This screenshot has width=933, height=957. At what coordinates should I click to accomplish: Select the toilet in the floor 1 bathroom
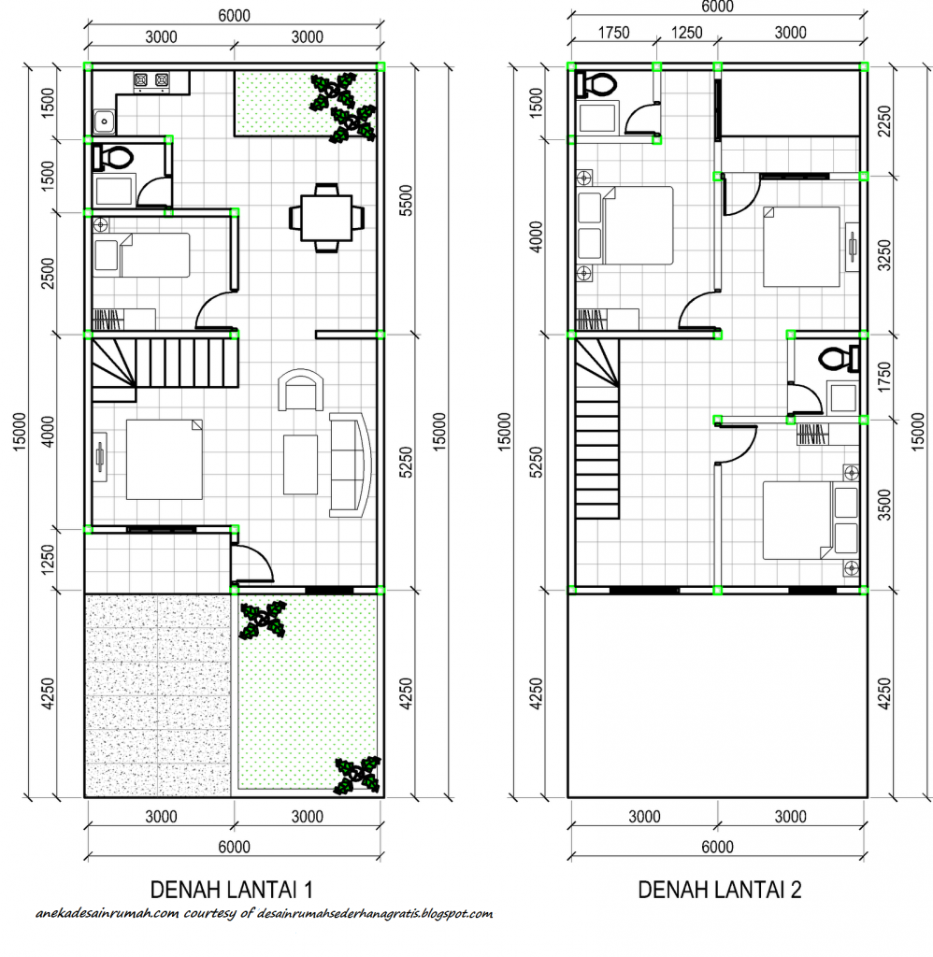point(113,157)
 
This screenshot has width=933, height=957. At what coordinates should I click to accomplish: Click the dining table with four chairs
point(325,218)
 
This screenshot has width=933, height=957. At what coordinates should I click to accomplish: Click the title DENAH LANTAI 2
point(719,889)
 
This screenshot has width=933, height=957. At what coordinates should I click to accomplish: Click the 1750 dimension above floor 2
point(613,33)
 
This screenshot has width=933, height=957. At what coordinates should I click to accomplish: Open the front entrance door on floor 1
point(251,564)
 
